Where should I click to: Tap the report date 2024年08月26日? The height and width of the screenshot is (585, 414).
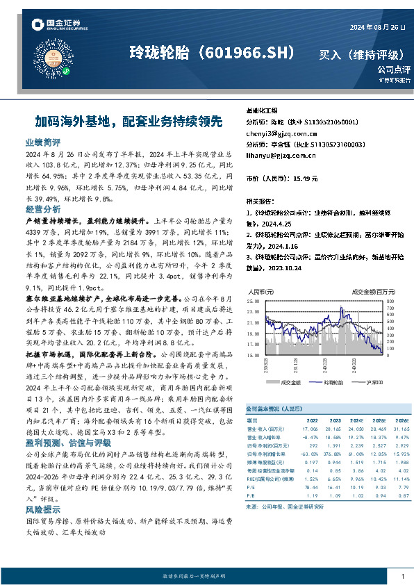tap(375, 27)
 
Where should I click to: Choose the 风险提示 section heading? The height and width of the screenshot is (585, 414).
tap(43, 509)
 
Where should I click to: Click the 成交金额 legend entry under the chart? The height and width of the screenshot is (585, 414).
tap(288, 382)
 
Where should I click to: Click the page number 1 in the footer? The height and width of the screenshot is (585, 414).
tap(402, 577)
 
